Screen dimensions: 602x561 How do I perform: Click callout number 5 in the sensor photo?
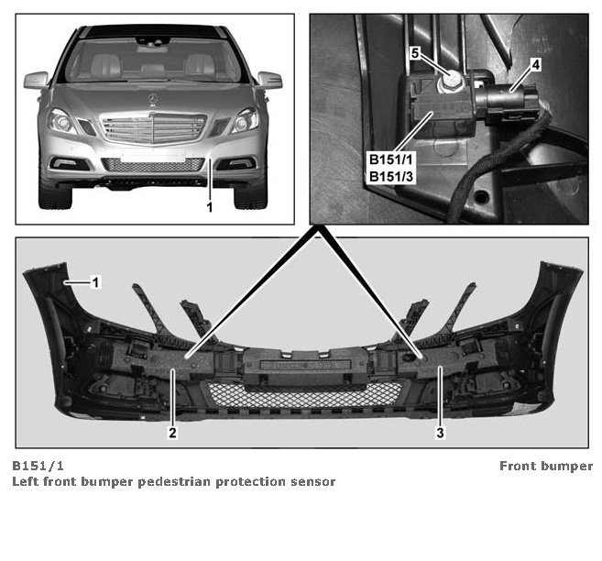click(x=415, y=53)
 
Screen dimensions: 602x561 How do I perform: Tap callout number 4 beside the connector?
click(x=536, y=65)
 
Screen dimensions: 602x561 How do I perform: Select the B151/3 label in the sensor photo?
click(x=391, y=177)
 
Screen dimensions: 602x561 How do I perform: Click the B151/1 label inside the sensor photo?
click(x=391, y=159)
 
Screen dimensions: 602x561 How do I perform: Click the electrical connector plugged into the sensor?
click(x=506, y=101)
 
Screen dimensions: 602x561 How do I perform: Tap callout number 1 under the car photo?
click(x=210, y=207)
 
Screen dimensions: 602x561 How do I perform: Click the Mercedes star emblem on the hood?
click(x=152, y=99)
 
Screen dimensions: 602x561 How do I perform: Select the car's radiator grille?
click(x=153, y=128)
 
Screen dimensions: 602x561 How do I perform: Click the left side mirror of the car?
click(x=37, y=81)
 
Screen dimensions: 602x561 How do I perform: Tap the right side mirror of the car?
click(x=269, y=81)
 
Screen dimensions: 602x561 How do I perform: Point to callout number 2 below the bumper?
click(x=173, y=433)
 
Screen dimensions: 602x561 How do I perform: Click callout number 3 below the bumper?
click(x=440, y=433)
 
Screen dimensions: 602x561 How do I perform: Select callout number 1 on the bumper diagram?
click(x=95, y=282)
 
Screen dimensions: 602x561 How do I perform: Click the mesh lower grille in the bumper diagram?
click(x=305, y=395)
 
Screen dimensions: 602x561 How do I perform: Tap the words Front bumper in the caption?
click(x=546, y=467)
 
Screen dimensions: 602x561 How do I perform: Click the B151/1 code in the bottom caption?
click(x=38, y=466)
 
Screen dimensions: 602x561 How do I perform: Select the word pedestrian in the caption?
click(x=175, y=482)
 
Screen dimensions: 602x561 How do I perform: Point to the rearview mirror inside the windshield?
click(x=152, y=41)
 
